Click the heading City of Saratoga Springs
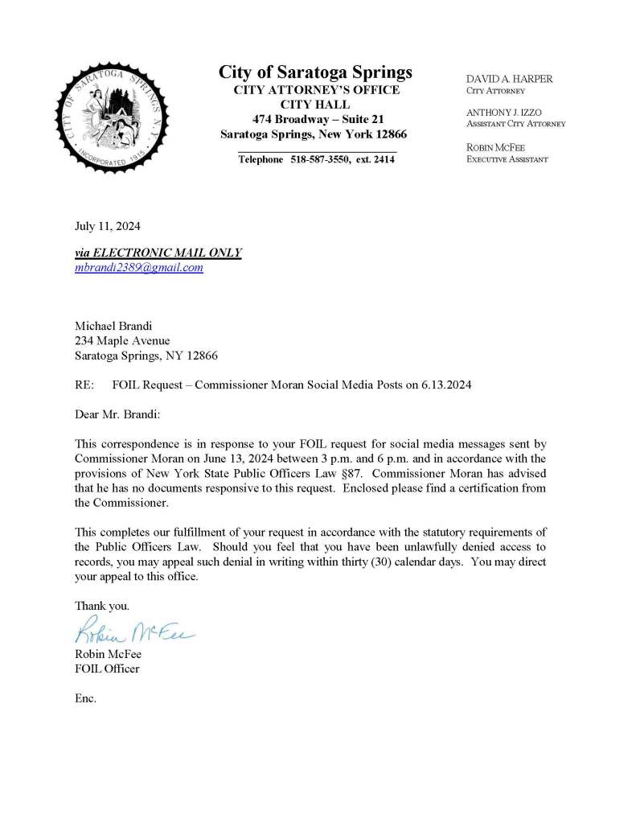click(315, 72)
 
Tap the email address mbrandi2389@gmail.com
click(138, 268)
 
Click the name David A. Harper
click(510, 80)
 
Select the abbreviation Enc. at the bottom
click(85, 698)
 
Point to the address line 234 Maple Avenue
click(122, 340)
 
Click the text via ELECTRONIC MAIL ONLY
click(158, 253)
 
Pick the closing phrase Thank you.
click(101, 605)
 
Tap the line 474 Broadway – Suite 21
click(313, 119)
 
